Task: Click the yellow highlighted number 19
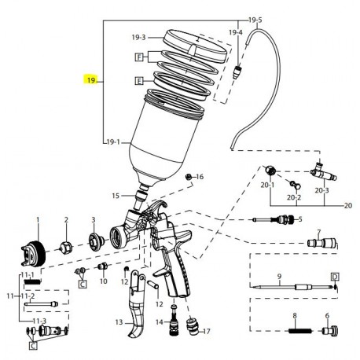[x=91, y=80]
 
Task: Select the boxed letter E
[x=139, y=80]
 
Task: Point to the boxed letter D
[x=334, y=277]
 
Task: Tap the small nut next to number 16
[x=188, y=178]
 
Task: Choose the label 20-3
[x=321, y=189]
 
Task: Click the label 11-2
[x=25, y=296]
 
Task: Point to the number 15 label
[x=116, y=196]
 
